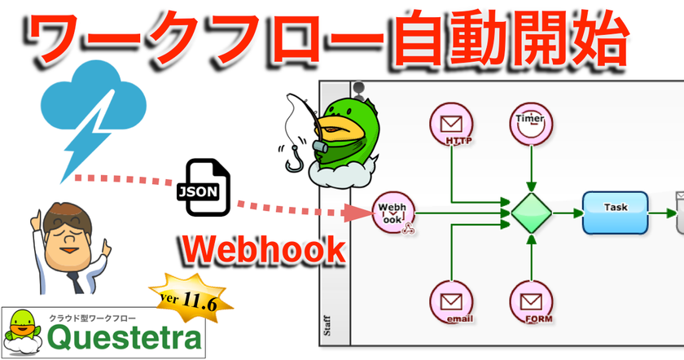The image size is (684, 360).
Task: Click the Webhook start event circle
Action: pos(393,213)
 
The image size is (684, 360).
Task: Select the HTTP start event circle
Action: pos(451,124)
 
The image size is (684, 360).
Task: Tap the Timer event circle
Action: pos(531,124)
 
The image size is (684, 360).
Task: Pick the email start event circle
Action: pos(451,302)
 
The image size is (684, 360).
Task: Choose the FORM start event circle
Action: pos(531,302)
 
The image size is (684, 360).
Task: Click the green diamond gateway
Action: pos(531,213)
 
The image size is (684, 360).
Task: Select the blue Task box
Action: pos(615,213)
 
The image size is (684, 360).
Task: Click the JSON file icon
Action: pos(204,187)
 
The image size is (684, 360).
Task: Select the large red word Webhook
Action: pos(264,249)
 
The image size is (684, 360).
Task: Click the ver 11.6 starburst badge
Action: pos(191,298)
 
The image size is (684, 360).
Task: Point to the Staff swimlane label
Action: pos(327,326)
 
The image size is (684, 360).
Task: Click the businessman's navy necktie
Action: pos(76,283)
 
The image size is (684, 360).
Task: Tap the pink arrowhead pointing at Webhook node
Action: pos(357,213)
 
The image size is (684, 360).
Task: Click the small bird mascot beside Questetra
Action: pos(22,332)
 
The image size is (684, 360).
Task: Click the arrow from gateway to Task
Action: pos(568,213)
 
